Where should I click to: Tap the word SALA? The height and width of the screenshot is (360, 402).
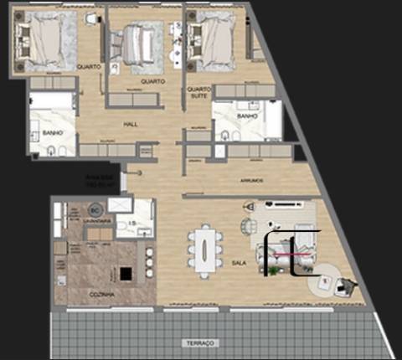click(238, 263)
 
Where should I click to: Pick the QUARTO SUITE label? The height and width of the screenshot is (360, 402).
click(198, 93)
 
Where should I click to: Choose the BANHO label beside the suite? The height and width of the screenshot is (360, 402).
click(245, 116)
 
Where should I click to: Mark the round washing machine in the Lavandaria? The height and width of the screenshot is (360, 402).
click(95, 208)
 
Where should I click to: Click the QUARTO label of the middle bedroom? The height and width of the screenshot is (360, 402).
click(152, 81)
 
